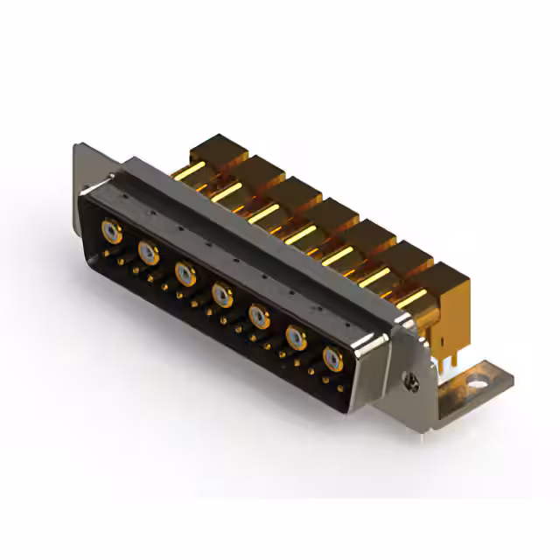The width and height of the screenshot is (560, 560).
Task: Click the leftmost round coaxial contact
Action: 110,231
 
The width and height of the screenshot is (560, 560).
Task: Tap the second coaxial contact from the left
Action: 148,253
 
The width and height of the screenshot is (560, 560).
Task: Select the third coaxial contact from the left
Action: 185,274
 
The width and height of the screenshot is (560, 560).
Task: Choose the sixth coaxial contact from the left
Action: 296,337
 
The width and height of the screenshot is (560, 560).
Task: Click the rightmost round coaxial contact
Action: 332,358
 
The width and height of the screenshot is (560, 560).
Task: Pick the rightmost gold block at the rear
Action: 442,289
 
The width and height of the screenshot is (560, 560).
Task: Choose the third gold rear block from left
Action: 292,194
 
